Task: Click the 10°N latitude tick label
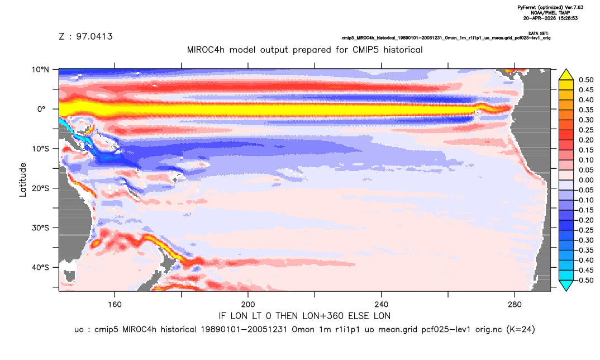40,69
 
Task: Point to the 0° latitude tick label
41,109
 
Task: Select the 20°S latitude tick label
40,188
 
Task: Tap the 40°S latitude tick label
40,267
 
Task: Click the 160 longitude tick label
115,305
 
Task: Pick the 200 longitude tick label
248,305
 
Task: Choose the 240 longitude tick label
381,305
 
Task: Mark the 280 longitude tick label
515,305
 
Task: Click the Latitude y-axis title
23,180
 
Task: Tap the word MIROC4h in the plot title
206,50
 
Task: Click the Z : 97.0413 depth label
85,36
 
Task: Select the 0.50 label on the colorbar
586,80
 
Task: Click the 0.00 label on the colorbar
586,180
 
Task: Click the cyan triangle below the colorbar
566,285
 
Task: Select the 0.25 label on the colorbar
586,130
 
